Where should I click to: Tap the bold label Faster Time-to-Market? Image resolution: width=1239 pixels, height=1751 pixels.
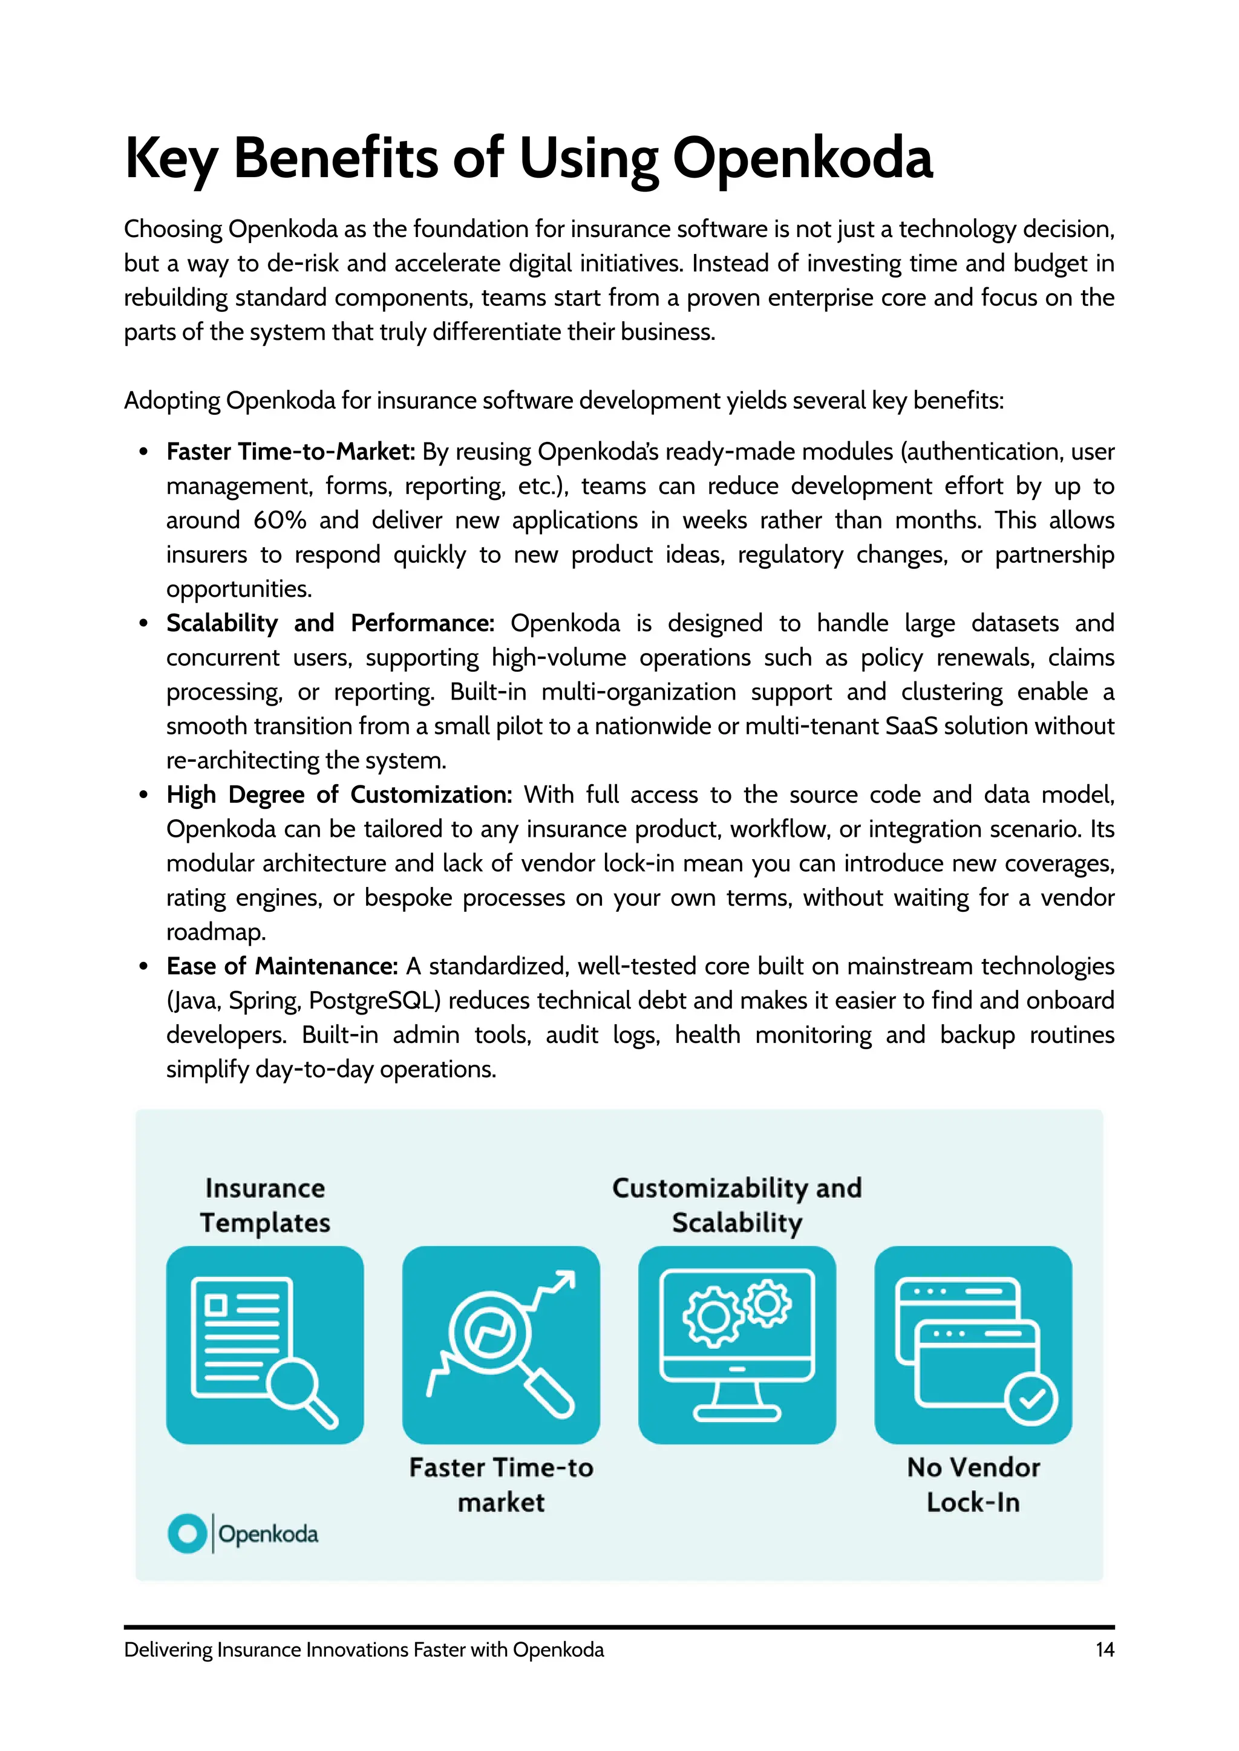[x=290, y=452]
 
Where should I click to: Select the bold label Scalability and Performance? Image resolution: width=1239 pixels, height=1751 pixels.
[x=330, y=623]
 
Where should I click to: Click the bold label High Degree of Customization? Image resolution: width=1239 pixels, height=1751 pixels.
[x=339, y=794]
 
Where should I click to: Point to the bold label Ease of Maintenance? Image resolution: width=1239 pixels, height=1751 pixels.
[x=283, y=966]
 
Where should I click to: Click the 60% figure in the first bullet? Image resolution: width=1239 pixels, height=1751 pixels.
[x=280, y=520]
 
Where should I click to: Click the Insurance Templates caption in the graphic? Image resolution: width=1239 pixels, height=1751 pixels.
[x=265, y=1205]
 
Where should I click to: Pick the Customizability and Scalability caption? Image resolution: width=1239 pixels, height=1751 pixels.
[x=736, y=1205]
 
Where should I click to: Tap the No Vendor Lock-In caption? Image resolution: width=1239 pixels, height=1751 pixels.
[x=973, y=1484]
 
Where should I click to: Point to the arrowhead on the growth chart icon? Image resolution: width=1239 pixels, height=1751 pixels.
[x=565, y=1281]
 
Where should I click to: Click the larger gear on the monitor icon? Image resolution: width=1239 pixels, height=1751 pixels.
[x=713, y=1317]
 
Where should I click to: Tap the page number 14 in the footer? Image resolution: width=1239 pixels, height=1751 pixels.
[x=1104, y=1649]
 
